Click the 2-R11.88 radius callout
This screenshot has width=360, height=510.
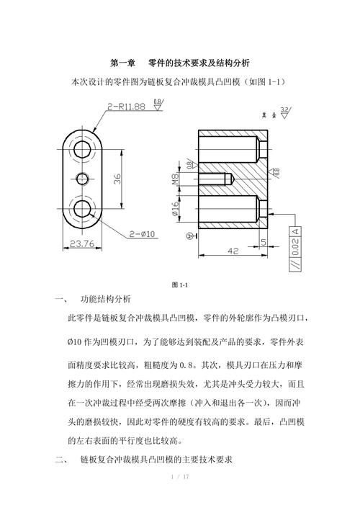(x=126, y=107)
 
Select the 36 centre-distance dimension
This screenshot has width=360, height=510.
(x=117, y=179)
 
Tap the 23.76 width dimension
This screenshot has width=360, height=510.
(x=82, y=243)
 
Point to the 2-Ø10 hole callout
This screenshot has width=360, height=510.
(x=142, y=234)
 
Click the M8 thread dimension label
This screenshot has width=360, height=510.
(x=175, y=179)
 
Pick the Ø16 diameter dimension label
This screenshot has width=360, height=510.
(x=175, y=208)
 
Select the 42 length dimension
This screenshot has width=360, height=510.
(x=233, y=251)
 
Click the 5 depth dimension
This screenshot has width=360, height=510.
(x=264, y=242)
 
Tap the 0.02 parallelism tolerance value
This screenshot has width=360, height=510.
(x=295, y=247)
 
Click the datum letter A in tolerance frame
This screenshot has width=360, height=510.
(x=295, y=231)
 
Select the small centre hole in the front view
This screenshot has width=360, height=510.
(x=82, y=179)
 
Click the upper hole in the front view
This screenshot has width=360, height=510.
(x=82, y=149)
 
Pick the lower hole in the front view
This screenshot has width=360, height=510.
(x=82, y=208)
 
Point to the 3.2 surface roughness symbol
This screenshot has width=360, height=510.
(x=285, y=112)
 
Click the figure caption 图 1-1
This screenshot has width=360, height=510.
(x=180, y=285)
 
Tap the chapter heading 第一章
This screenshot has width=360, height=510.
(x=122, y=63)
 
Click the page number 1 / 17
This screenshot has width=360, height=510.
(x=180, y=477)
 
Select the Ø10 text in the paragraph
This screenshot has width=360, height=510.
(x=74, y=342)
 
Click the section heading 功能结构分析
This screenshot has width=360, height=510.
(x=106, y=299)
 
